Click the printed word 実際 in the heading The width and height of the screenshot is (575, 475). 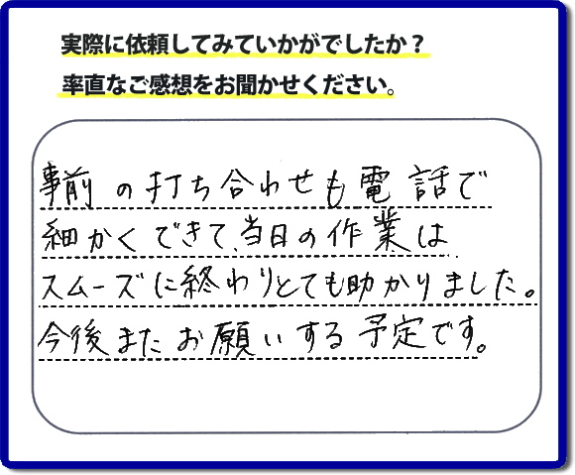76,46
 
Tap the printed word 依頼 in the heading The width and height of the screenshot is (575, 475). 141,46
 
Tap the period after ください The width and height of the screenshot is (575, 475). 391,91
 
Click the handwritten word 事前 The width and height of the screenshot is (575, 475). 66,184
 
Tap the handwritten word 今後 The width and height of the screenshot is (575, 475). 74,337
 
